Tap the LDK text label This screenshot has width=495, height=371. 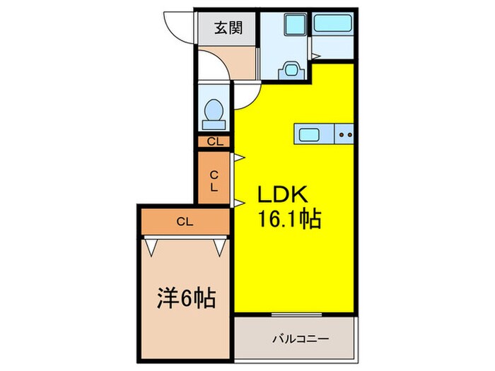click(280, 195)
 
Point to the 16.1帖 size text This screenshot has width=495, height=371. click(288, 220)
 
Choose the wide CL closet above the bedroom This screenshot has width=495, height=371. click(184, 222)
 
